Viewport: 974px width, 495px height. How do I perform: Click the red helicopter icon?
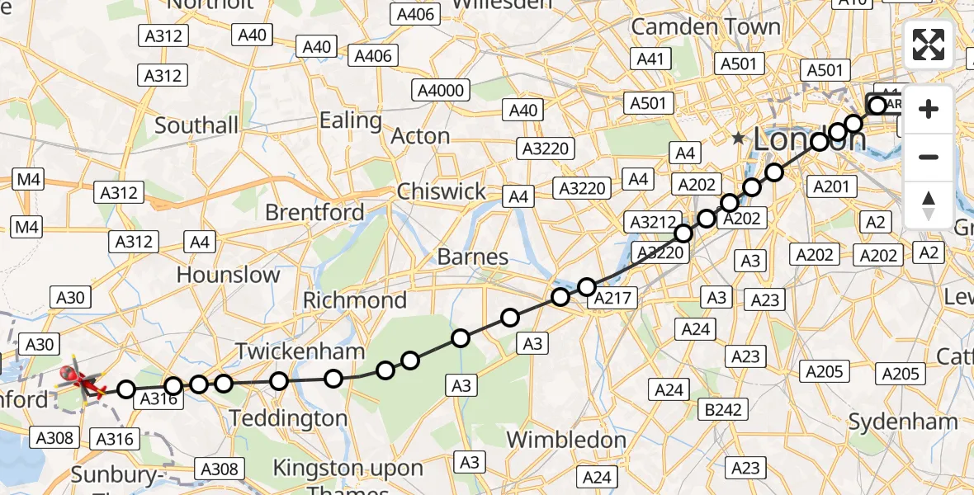coord(82,380)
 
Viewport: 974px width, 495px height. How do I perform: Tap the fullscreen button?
coord(929,45)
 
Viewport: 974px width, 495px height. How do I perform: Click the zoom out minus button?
coord(929,157)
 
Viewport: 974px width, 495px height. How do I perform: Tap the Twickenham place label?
coord(300,351)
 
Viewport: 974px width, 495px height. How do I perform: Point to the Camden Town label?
coord(705,26)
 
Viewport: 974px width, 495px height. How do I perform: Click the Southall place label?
coord(196,125)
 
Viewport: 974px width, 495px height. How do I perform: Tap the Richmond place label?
coord(355,299)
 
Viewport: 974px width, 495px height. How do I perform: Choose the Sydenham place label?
coord(903,422)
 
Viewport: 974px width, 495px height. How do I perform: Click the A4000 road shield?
coord(442,90)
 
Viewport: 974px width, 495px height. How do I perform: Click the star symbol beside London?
coord(738,139)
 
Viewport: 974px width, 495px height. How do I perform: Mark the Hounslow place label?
coord(228,274)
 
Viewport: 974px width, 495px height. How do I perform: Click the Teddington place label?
coord(288,418)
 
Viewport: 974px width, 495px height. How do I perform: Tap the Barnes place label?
coord(472,257)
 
